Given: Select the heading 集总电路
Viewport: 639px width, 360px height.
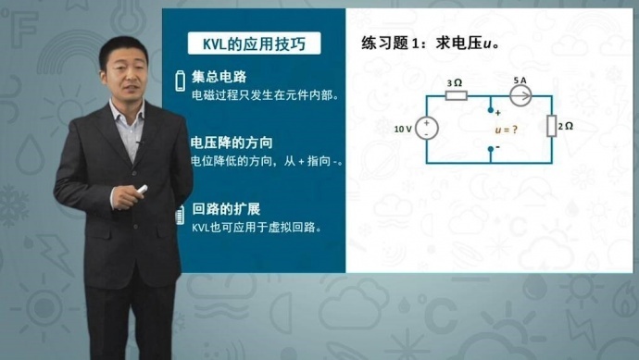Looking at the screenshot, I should (x=219, y=76).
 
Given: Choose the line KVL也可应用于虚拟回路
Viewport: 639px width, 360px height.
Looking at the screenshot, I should (x=257, y=227).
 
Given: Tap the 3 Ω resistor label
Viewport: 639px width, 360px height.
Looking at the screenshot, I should (x=455, y=82).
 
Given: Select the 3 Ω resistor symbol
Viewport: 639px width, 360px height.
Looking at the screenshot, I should (x=456, y=95).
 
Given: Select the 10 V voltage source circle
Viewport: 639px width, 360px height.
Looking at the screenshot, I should (x=427, y=129).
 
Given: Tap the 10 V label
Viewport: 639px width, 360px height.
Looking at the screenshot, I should (x=403, y=130).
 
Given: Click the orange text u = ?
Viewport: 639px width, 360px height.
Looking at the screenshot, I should (x=505, y=130).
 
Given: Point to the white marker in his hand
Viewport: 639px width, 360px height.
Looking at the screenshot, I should (x=142, y=190).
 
